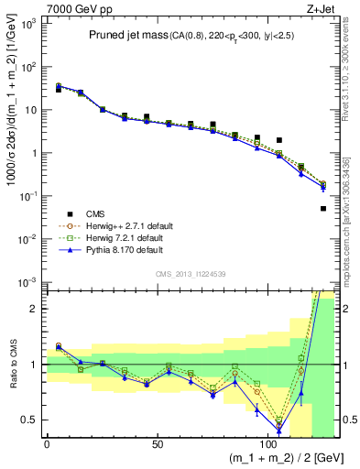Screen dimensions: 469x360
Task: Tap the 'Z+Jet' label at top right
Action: pyautogui.click(x=321, y=8)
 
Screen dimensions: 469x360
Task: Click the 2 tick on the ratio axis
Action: pyautogui.click(x=36, y=309)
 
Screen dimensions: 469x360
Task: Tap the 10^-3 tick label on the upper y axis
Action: pyautogui.click(x=27, y=281)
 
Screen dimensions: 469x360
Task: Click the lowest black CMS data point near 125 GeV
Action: pyautogui.click(x=323, y=209)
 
